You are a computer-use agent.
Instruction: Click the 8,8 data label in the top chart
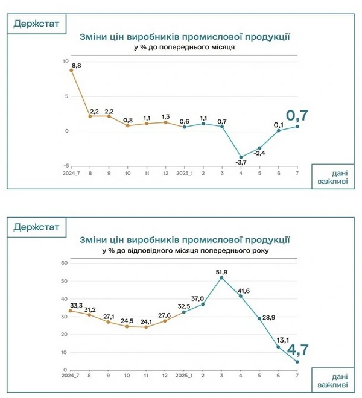(77, 65)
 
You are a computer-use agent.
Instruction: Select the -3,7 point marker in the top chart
(241, 157)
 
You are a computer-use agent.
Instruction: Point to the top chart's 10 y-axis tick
(65, 62)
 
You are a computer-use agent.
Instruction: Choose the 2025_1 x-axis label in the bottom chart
(184, 376)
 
